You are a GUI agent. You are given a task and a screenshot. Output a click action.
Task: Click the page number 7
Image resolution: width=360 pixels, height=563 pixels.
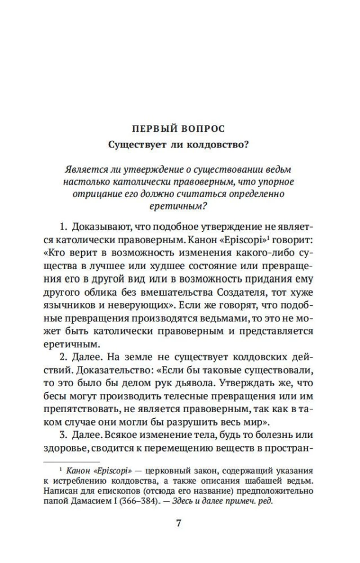pos(179,523)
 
